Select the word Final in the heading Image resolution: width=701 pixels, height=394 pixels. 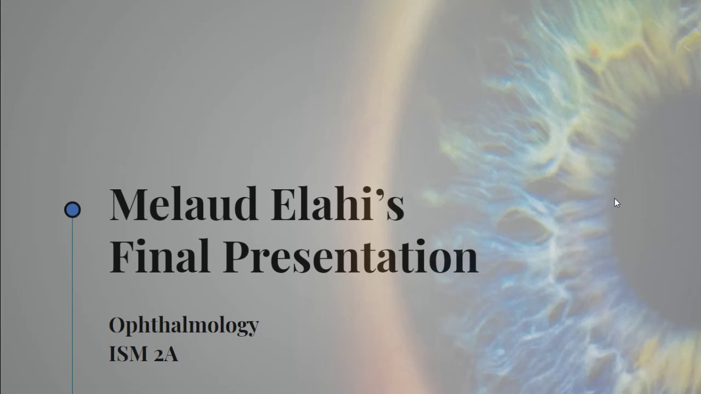pyautogui.click(x=159, y=256)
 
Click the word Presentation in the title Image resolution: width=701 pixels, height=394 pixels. pyautogui.click(x=350, y=256)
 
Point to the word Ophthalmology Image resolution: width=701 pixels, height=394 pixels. pyautogui.click(x=184, y=326)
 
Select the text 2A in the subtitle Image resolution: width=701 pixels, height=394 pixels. pyautogui.click(x=166, y=355)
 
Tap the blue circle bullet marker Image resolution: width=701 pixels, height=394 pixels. pyautogui.click(x=72, y=210)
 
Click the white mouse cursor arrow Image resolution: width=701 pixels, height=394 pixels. pyautogui.click(x=617, y=203)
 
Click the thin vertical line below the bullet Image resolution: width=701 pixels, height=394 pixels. pyautogui.click(x=72, y=306)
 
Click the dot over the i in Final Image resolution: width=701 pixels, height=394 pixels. pyautogui.click(x=141, y=244)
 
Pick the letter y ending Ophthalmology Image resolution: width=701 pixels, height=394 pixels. pyautogui.click(x=251, y=328)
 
